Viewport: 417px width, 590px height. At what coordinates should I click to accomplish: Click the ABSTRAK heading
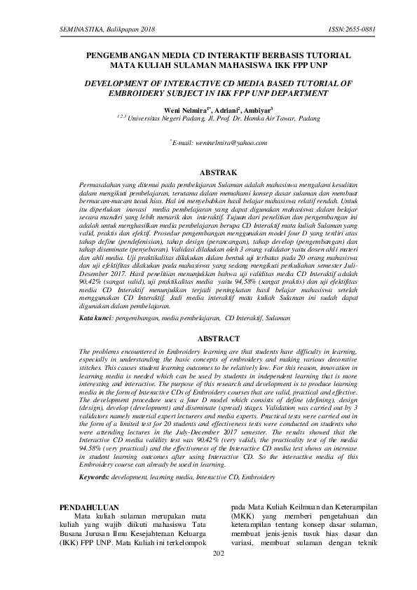pyautogui.click(x=209, y=172)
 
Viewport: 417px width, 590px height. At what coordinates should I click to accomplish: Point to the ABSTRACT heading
pyautogui.click(x=209, y=338)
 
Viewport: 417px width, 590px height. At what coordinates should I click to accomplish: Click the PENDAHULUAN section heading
pyautogui.click(x=88, y=507)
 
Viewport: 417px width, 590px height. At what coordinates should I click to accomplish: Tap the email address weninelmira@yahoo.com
pyautogui.click(x=219, y=142)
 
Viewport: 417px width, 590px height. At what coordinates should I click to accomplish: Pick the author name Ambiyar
pyautogui.click(x=257, y=109)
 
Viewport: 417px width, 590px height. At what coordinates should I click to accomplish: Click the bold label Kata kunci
pyautogui.click(x=95, y=317)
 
